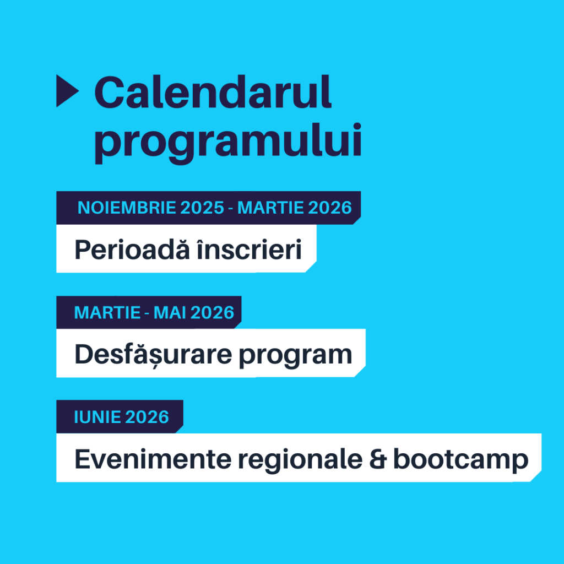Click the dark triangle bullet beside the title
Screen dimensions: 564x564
pos(67,91)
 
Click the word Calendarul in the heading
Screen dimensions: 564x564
pos(213,92)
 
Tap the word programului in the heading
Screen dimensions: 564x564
pos(227,142)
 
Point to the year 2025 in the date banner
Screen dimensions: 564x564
pos(202,208)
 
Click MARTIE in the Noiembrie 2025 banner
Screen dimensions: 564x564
pos(270,208)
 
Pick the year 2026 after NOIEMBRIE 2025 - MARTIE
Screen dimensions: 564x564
pos(330,208)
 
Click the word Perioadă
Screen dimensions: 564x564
pos(132,250)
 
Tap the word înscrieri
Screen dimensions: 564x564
pos(250,250)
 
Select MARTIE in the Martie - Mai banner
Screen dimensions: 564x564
pos(107,313)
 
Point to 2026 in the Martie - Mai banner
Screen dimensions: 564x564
pos(212,313)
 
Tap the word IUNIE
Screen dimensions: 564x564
pos(97,417)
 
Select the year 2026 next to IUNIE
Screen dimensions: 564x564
pos(147,417)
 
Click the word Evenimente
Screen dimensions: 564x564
pos(153,459)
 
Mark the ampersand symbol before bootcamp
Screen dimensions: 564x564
pos(378,459)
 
